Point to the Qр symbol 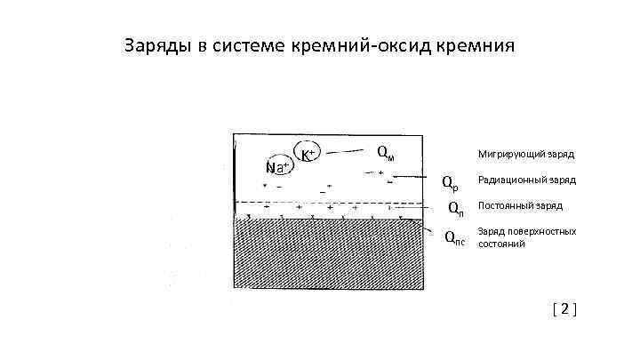tap(452, 183)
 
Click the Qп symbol tap(454, 209)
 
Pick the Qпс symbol tap(454, 236)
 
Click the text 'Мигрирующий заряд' tap(525, 154)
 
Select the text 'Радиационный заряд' tap(526, 180)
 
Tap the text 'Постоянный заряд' tap(520, 205)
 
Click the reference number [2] tap(564, 309)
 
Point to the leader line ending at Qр tap(418, 177)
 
